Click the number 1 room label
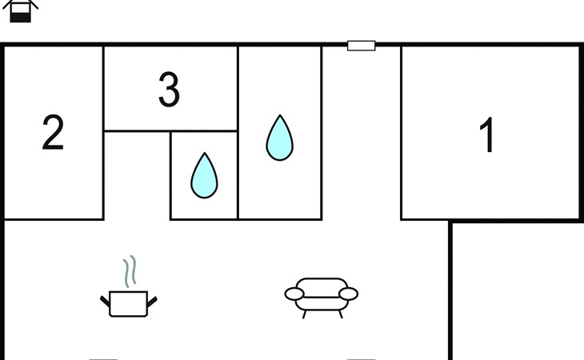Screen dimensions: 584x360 486,134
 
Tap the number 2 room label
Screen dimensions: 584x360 53,132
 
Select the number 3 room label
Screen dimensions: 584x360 169,90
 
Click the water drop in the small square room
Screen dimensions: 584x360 204,175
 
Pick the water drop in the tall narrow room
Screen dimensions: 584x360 280,138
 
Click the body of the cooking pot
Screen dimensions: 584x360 129,304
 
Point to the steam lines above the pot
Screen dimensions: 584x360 130,271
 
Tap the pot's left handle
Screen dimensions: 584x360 105,301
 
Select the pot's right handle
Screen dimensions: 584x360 152,301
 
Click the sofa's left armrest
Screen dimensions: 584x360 294,294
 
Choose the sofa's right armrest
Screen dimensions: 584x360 349,294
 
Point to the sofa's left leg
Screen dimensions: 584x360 304,314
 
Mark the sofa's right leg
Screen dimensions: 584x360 341,314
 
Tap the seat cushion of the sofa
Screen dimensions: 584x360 322,304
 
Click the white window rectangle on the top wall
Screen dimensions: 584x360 362,46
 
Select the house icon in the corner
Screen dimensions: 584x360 20,10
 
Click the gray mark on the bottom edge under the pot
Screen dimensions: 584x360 103,359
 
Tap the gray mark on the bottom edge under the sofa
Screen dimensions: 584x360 362,359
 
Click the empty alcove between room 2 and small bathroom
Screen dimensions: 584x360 137,176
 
